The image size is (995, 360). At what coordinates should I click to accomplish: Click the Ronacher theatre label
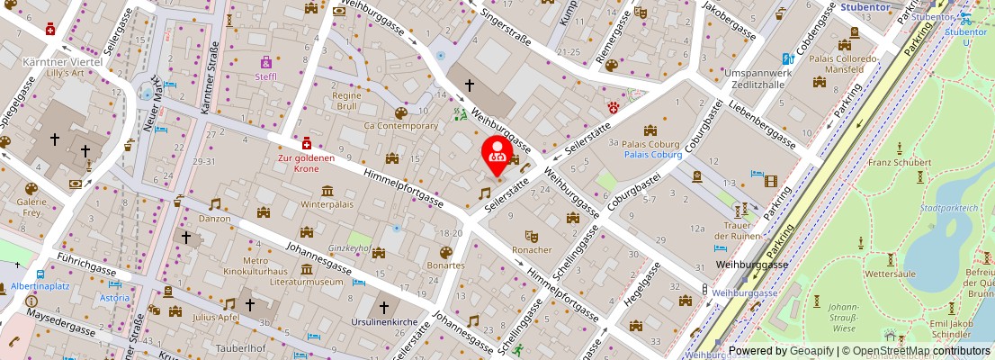532,249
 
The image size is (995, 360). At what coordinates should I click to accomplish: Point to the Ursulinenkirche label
383,321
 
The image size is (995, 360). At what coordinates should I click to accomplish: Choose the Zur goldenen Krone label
306,163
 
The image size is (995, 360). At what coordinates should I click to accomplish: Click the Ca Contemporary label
400,126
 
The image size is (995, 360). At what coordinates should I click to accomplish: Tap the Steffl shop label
266,76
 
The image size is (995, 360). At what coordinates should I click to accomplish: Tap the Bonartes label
446,265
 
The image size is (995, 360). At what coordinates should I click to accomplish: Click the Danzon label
215,219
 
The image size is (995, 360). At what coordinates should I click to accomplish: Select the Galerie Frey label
31,208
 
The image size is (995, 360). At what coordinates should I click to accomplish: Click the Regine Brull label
346,100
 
